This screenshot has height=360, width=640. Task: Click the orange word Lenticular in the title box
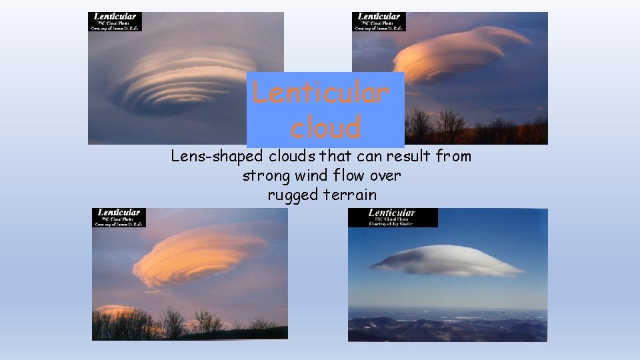click(320, 93)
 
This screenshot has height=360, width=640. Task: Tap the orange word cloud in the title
click(325, 127)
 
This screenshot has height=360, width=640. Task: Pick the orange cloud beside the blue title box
click(460, 53)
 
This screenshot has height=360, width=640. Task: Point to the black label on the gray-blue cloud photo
click(116, 22)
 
